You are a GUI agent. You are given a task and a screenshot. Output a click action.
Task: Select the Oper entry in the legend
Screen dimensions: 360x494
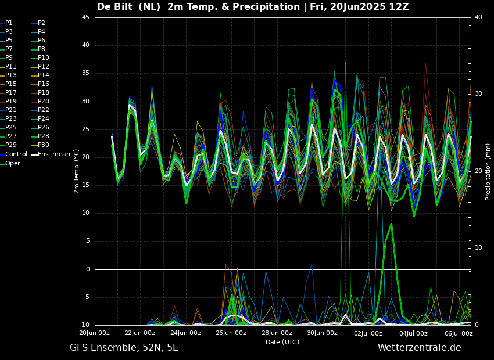pyautogui.click(x=13, y=163)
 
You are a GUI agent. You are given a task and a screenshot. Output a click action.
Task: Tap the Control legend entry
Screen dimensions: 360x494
pyautogui.click(x=16, y=154)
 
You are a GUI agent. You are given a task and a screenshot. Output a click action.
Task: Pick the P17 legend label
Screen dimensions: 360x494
pyautogui.click(x=11, y=93)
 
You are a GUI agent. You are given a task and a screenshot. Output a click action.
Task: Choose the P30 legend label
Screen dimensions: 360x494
pyautogui.click(x=44, y=145)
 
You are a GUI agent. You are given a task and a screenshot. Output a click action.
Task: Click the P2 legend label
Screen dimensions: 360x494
pyautogui.click(x=41, y=23)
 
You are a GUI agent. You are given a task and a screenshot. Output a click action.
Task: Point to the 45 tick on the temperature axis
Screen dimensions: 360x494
pyautogui.click(x=85, y=17)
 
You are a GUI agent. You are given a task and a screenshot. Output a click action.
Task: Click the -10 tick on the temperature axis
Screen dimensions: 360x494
pyautogui.click(x=84, y=325)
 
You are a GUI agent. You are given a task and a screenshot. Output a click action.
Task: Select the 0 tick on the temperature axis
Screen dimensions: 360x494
pyautogui.click(x=87, y=269)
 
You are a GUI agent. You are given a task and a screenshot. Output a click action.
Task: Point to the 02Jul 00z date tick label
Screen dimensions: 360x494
pyautogui.click(x=368, y=333)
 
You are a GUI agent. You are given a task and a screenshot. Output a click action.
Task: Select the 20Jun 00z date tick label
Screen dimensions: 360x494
pyautogui.click(x=94, y=333)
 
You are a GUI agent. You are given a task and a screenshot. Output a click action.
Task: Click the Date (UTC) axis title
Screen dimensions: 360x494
pyautogui.click(x=282, y=342)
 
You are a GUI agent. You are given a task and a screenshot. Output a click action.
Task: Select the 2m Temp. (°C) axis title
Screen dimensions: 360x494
pyautogui.click(x=77, y=171)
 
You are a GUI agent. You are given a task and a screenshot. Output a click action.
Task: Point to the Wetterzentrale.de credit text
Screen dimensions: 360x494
pyautogui.click(x=419, y=348)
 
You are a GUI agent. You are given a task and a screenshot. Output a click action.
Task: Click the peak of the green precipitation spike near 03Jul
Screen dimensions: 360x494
pyautogui.click(x=391, y=224)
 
